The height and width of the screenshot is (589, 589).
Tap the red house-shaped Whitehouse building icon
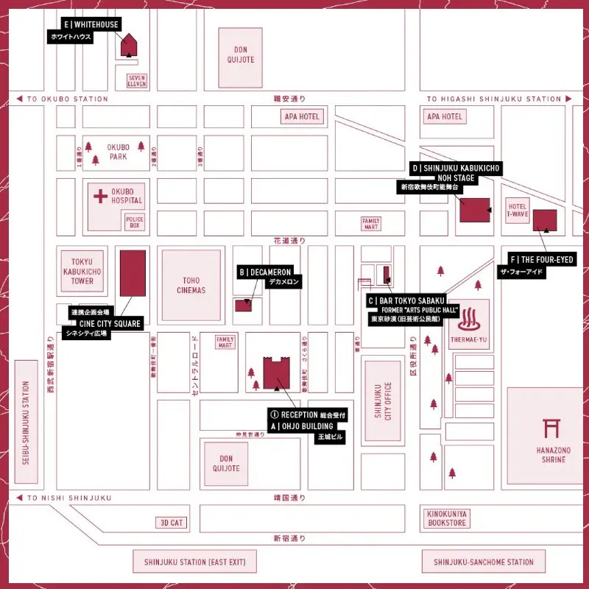pyautogui.click(x=129, y=45)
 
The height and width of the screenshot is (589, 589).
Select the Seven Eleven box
pyautogui.click(x=137, y=80)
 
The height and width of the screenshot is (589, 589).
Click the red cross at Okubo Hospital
pyautogui.click(x=100, y=197)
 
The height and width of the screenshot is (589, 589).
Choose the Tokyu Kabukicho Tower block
pyautogui.click(x=82, y=271)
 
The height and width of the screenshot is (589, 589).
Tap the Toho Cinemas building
pyautogui.click(x=191, y=285)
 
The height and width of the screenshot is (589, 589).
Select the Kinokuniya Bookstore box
pyautogui.click(x=447, y=518)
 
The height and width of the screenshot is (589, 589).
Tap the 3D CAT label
pyautogui.click(x=171, y=522)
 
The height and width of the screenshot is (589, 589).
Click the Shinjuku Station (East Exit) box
pyautogui.click(x=195, y=562)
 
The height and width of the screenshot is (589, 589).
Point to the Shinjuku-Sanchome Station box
pyautogui.click(x=484, y=562)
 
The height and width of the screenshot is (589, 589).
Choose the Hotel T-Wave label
pyautogui.click(x=518, y=211)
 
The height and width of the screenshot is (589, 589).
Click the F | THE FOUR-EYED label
pyautogui.click(x=541, y=260)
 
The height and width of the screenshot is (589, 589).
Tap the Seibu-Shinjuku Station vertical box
pyautogui.click(x=27, y=421)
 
